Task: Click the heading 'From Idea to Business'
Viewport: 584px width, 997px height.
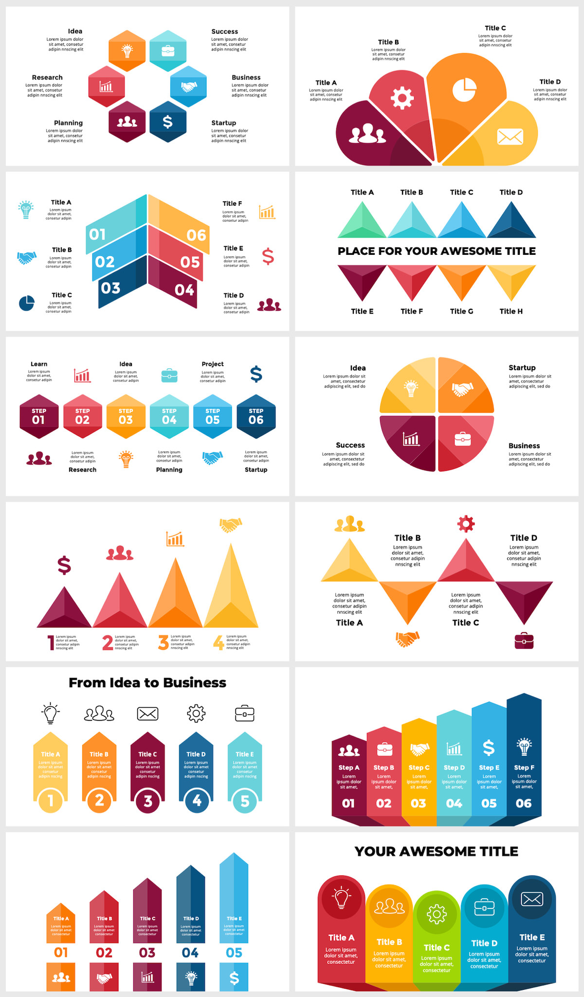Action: pyautogui.click(x=147, y=683)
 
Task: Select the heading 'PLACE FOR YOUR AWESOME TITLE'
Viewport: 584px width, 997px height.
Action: pyautogui.click(x=437, y=251)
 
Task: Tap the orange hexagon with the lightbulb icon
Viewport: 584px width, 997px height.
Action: pyautogui.click(x=127, y=51)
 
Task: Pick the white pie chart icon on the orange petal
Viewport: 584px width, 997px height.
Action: pyautogui.click(x=464, y=89)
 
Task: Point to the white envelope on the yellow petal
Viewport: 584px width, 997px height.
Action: pyautogui.click(x=510, y=137)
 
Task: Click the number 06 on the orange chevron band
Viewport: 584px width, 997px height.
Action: pyautogui.click(x=196, y=235)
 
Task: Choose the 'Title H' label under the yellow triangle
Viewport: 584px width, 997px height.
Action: pyautogui.click(x=511, y=311)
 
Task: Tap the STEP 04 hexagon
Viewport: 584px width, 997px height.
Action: pyautogui.click(x=169, y=416)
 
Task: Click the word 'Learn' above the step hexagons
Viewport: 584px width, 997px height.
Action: pyautogui.click(x=39, y=364)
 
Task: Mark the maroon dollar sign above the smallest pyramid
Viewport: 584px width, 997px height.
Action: pyautogui.click(x=64, y=566)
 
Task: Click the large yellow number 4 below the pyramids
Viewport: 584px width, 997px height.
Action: pyautogui.click(x=219, y=642)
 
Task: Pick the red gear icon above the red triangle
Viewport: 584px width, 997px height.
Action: pyautogui.click(x=466, y=524)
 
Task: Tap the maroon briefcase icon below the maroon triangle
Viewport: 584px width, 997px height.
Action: pyautogui.click(x=524, y=641)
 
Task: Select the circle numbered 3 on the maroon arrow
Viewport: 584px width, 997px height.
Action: pyautogui.click(x=148, y=801)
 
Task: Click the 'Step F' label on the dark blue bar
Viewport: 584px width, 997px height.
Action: pyautogui.click(x=524, y=767)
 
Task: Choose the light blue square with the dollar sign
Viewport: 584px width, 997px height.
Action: pyautogui.click(x=234, y=978)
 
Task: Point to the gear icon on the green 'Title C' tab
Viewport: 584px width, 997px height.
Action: pyautogui.click(x=437, y=914)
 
